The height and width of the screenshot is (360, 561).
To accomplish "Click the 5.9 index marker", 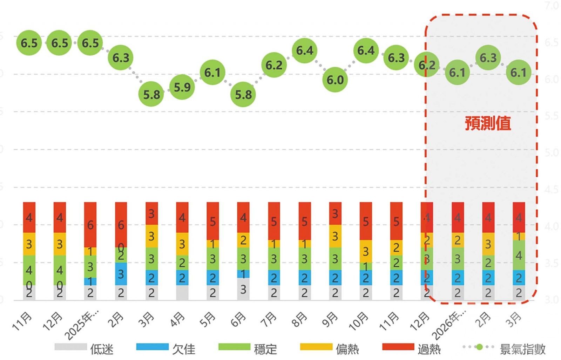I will (182, 87).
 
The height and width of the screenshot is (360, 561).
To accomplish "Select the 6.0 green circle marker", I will (335, 80).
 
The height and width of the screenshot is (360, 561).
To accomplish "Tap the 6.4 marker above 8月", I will (304, 50).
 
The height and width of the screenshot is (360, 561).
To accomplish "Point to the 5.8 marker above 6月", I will (243, 94).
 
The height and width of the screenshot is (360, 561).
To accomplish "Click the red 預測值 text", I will (488, 123).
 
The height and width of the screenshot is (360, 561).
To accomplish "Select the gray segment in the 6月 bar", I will (243, 289).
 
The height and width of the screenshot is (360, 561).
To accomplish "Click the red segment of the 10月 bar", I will (366, 221).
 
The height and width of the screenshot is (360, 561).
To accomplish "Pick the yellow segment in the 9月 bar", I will (335, 236).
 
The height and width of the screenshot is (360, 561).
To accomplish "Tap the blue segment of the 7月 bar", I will (274, 278).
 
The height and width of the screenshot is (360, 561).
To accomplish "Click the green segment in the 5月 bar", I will (212, 259).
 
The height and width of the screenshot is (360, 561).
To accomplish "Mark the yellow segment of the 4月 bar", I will (182, 244).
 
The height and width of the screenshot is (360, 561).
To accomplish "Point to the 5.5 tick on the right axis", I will (551, 116).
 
